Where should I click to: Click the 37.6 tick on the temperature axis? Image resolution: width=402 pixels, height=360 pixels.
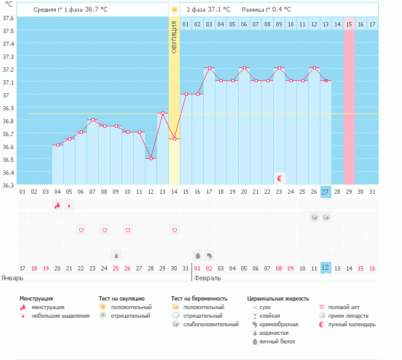(x=8, y=18)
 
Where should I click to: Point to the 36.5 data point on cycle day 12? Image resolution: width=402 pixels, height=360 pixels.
(x=151, y=159)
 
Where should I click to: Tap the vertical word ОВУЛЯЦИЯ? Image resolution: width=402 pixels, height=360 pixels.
(x=174, y=37)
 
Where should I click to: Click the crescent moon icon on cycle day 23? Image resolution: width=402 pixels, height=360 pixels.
(x=280, y=178)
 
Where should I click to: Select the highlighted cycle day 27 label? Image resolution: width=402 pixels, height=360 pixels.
(x=326, y=192)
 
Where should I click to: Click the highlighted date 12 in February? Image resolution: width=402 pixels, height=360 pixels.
(x=326, y=268)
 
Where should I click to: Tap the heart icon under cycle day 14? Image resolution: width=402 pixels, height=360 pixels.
(x=174, y=230)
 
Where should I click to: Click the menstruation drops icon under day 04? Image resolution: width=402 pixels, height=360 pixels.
(x=58, y=205)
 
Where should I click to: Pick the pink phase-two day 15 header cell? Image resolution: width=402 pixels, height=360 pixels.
(x=349, y=24)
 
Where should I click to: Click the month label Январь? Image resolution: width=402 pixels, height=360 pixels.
(x=12, y=278)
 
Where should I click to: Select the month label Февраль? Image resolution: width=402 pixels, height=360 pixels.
(x=207, y=278)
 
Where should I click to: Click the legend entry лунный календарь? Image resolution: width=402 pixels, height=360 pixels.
(x=352, y=324)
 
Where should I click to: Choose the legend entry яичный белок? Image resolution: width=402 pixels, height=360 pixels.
(x=277, y=342)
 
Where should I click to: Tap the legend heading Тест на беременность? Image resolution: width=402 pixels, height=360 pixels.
(x=199, y=299)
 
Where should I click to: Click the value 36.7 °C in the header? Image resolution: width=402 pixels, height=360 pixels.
(x=96, y=9)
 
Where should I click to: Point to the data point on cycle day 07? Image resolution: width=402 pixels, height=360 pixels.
(x=93, y=120)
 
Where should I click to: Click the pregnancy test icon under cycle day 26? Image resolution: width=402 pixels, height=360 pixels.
(x=314, y=217)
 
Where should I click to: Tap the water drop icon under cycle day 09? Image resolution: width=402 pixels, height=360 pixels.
(x=116, y=256)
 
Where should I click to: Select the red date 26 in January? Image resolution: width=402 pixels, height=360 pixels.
(x=128, y=268)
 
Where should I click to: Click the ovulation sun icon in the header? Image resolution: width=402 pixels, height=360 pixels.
(x=174, y=10)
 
